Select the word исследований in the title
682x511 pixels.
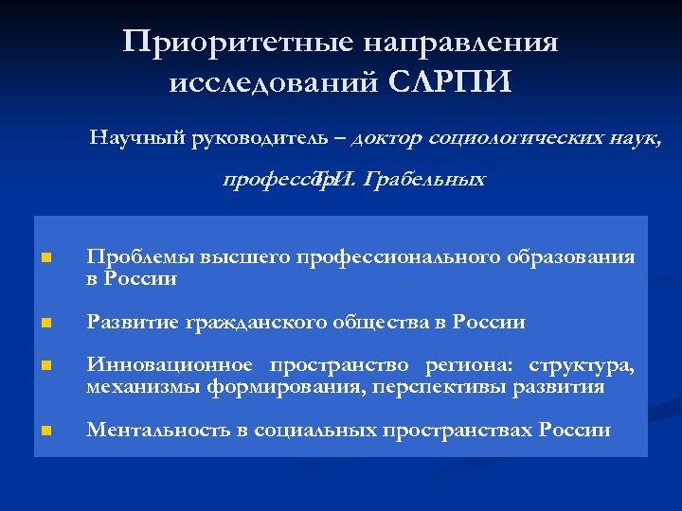pyautogui.click(x=275, y=83)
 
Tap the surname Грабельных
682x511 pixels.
pyautogui.click(x=425, y=179)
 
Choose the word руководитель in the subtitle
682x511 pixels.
pyautogui.click(x=252, y=139)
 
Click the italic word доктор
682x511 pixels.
pyautogui.click(x=386, y=139)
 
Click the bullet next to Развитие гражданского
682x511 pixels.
pyautogui.click(x=45, y=324)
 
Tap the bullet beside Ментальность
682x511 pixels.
pyautogui.click(x=45, y=432)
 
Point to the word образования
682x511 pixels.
pyautogui.click(x=571, y=257)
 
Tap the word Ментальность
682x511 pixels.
pyautogui.click(x=158, y=431)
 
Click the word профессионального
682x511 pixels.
pyautogui.click(x=401, y=257)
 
